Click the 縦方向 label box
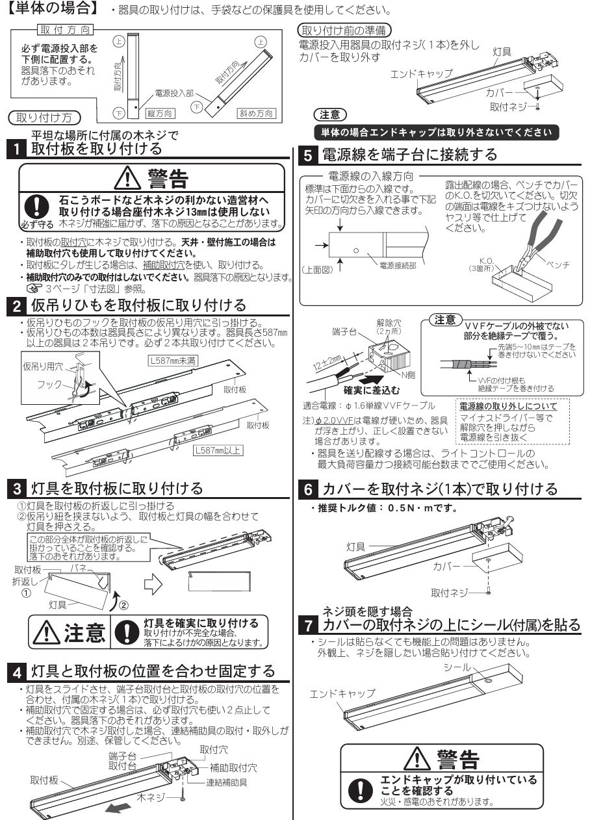(x=159, y=113)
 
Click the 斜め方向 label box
(x=256, y=113)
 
